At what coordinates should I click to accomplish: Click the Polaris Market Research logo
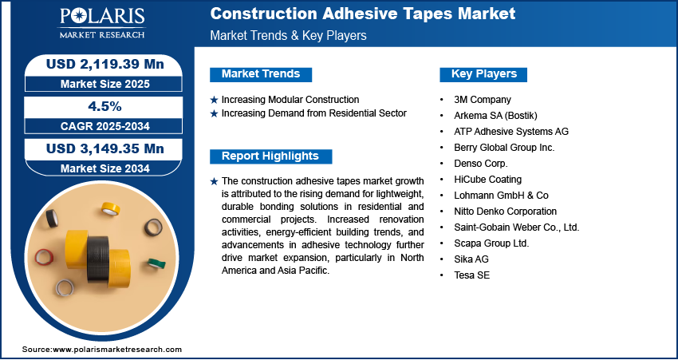tap(102, 22)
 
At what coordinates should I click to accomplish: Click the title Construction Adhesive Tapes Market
tap(363, 14)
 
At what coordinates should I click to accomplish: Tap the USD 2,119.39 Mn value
tap(105, 65)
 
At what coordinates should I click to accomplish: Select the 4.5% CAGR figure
tap(104, 107)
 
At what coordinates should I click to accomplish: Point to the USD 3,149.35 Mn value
tap(105, 148)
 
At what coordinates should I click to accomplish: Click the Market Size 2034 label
tap(105, 168)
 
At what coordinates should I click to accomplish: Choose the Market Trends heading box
tap(261, 74)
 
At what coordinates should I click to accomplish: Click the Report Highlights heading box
tap(270, 156)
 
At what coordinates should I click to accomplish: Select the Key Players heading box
tap(483, 74)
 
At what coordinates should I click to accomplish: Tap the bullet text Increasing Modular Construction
tap(290, 100)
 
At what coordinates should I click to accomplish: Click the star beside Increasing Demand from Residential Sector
tap(214, 114)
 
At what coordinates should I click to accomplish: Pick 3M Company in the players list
tap(482, 100)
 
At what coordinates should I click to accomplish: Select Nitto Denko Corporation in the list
tap(505, 212)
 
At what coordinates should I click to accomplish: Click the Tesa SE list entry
tap(471, 275)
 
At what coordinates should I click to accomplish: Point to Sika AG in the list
tap(471, 259)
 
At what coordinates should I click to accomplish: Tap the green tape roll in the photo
tap(156, 263)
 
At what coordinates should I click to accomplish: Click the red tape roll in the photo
tap(44, 256)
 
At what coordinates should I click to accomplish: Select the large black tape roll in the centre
tap(98, 259)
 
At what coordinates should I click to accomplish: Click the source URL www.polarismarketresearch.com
tap(116, 349)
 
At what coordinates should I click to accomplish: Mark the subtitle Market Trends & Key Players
tap(288, 35)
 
